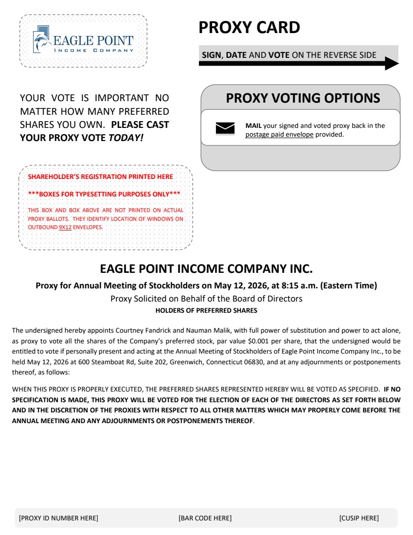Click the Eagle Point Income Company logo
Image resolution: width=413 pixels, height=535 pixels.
click(x=83, y=41)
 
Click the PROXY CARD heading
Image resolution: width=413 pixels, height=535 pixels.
click(x=249, y=28)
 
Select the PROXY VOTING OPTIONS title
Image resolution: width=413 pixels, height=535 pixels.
click(x=303, y=98)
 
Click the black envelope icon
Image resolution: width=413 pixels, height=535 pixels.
click(x=225, y=128)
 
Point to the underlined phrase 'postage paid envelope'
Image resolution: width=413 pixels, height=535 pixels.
click(x=279, y=135)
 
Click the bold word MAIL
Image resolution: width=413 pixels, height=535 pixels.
click(x=253, y=126)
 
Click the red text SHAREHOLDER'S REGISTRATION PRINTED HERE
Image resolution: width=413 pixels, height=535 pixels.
click(x=100, y=177)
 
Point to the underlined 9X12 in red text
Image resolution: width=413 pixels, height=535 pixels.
click(x=65, y=227)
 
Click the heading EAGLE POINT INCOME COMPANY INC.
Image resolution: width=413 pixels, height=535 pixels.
click(x=206, y=268)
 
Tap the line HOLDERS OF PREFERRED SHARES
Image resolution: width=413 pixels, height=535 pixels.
click(x=206, y=310)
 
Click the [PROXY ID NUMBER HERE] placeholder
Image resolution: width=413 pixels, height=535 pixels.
click(x=58, y=518)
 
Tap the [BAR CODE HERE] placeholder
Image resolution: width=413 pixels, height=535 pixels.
click(x=205, y=518)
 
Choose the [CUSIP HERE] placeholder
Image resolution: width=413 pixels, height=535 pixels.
click(x=359, y=518)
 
